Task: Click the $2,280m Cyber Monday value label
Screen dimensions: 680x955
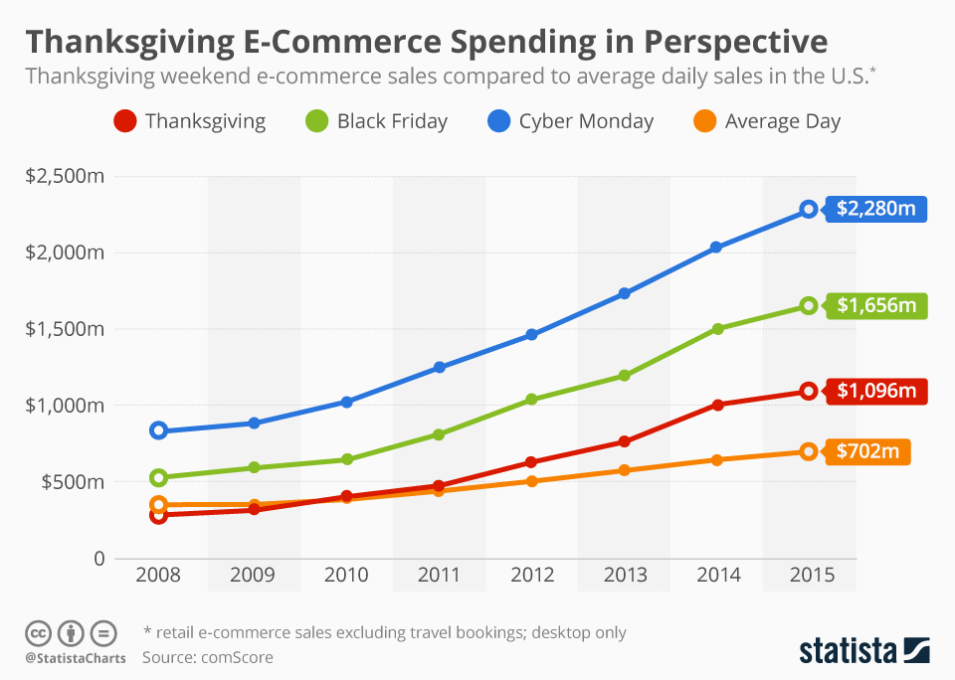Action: point(875,209)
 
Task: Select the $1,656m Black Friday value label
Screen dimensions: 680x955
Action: point(875,305)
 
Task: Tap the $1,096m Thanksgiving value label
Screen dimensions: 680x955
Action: point(875,391)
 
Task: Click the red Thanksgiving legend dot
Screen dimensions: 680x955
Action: point(124,122)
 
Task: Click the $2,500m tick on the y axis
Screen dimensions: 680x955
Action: point(66,177)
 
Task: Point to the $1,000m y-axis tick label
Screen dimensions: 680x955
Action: point(66,406)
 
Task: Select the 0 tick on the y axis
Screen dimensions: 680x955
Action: point(98,559)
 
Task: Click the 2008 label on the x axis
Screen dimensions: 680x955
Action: point(159,576)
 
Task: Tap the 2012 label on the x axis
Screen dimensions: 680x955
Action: point(531,576)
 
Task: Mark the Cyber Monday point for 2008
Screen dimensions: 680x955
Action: point(159,430)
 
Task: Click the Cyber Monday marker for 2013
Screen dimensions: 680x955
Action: point(625,293)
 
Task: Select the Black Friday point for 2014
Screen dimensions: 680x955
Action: point(717,328)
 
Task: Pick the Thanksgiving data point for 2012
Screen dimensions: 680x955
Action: point(531,462)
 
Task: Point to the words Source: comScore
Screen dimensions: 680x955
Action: point(207,657)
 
